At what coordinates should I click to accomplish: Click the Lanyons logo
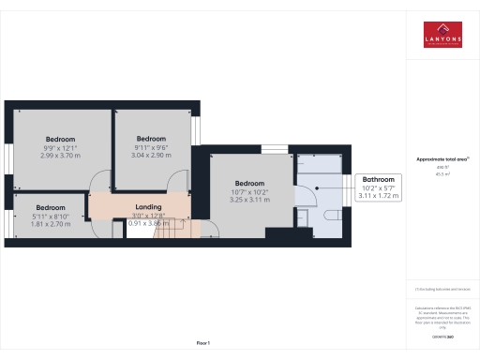(x=442, y=35)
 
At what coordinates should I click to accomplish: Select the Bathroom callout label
(x=379, y=178)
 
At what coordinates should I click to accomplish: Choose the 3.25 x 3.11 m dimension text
(x=249, y=200)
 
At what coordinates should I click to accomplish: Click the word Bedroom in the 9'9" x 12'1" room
(x=61, y=138)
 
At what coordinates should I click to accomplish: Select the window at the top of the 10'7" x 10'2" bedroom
(x=274, y=148)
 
